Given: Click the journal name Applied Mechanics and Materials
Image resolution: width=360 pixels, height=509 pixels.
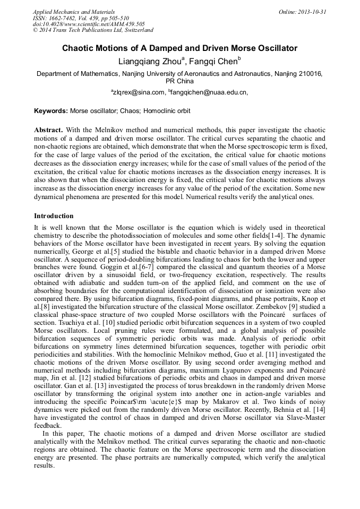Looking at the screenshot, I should click(x=73, y=12).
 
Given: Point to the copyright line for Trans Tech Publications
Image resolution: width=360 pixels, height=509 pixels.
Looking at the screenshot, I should click(x=93, y=30).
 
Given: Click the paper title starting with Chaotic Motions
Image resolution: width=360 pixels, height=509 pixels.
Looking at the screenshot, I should click(x=179, y=48).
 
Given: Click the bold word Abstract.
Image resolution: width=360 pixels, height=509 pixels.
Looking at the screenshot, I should click(x=48, y=130).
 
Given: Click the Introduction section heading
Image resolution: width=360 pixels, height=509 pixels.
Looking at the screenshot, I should click(x=54, y=216).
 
